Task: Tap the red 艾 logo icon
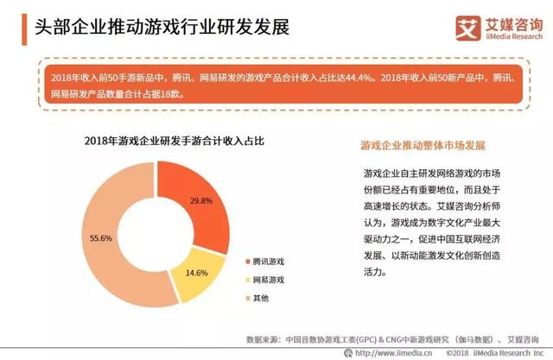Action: [444, 26]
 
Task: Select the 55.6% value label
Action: [101, 238]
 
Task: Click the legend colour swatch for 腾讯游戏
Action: [245, 260]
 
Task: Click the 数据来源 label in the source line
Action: [263, 338]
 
